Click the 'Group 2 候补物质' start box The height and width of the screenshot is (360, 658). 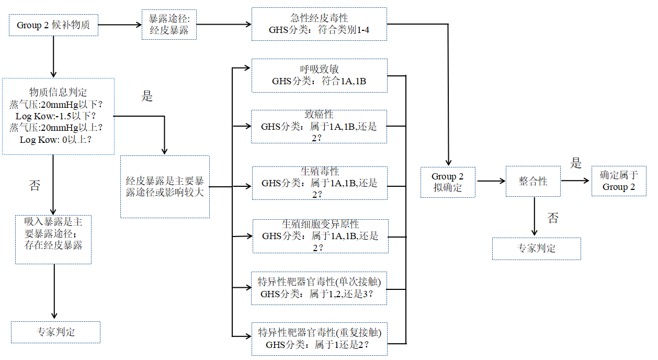pos(53,25)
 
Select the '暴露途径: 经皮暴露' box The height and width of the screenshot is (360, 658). pos(169,25)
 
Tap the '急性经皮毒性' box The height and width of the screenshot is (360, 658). pos(319,24)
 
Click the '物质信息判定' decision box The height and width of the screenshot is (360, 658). pos(58,116)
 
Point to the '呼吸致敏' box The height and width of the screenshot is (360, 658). pos(319,76)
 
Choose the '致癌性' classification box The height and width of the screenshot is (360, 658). pos(319,126)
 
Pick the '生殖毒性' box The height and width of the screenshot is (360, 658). pos(319,183)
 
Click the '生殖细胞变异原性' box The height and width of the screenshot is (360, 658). pos(320,236)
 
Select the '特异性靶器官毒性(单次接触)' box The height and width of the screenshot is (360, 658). pos(319,288)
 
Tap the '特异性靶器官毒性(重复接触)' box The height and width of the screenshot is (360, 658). pos(319,339)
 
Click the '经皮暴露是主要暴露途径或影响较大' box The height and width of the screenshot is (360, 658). pos(165,187)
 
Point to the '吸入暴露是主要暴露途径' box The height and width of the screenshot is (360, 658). pos(53,239)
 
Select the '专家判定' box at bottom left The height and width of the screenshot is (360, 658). pos(55,332)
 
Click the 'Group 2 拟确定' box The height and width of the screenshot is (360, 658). pos(448,182)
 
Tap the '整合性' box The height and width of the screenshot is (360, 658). pos(533,182)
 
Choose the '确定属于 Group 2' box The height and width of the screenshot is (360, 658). pos(618,181)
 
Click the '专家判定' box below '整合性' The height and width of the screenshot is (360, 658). pos(536,249)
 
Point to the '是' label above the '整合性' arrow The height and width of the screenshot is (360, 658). pos(575,163)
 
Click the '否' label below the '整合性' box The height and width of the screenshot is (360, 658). pos(553,218)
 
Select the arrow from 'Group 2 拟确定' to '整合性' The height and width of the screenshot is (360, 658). pos(490,182)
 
